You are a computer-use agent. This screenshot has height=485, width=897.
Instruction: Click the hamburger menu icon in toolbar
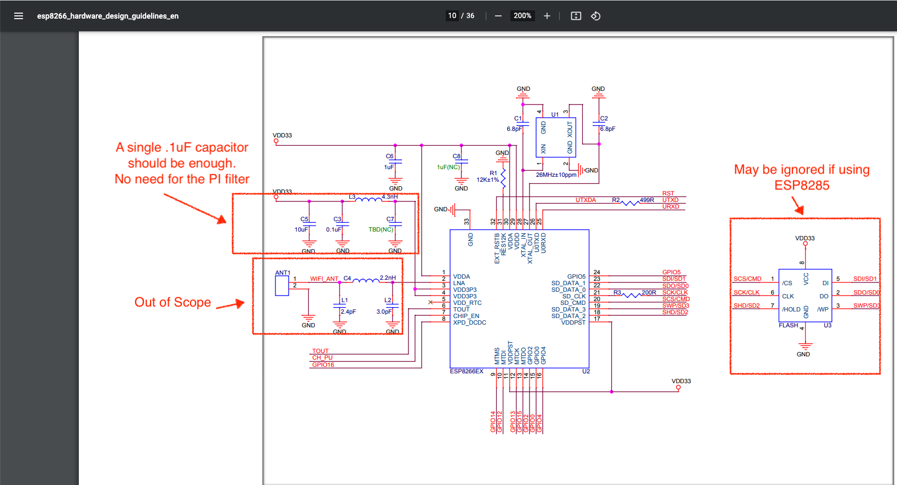pos(19,16)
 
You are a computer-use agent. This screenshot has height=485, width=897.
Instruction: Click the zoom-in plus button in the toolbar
pos(547,16)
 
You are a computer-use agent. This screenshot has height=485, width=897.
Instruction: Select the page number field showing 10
pos(452,16)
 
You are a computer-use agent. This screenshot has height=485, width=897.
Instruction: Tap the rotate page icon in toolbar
pos(596,16)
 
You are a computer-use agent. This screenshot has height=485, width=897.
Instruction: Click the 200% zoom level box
pos(522,16)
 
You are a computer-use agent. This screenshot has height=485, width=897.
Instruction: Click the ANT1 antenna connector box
pos(282,286)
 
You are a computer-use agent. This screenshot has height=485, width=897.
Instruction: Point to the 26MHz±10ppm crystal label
pos(556,175)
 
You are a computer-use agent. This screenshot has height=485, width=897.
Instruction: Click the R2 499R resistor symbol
pos(630,203)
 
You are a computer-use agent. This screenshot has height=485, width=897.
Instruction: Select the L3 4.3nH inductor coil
pos(369,200)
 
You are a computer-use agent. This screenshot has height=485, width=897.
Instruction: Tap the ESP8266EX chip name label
pos(467,372)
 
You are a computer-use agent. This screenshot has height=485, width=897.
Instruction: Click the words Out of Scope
pos(173,302)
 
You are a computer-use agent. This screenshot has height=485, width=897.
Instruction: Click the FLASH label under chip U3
pos(788,326)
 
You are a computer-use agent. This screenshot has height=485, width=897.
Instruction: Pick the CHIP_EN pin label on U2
pos(466,316)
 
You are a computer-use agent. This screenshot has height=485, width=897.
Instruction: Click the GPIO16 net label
pos(323,365)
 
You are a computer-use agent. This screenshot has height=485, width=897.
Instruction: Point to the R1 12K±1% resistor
pos(503,177)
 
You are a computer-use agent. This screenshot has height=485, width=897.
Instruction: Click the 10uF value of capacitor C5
pos(301,230)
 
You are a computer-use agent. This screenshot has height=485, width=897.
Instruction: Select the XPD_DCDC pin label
pos(469,323)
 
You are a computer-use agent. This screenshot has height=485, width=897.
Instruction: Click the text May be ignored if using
pos(802,170)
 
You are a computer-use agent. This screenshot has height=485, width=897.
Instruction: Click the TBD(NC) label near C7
pos(381,230)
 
